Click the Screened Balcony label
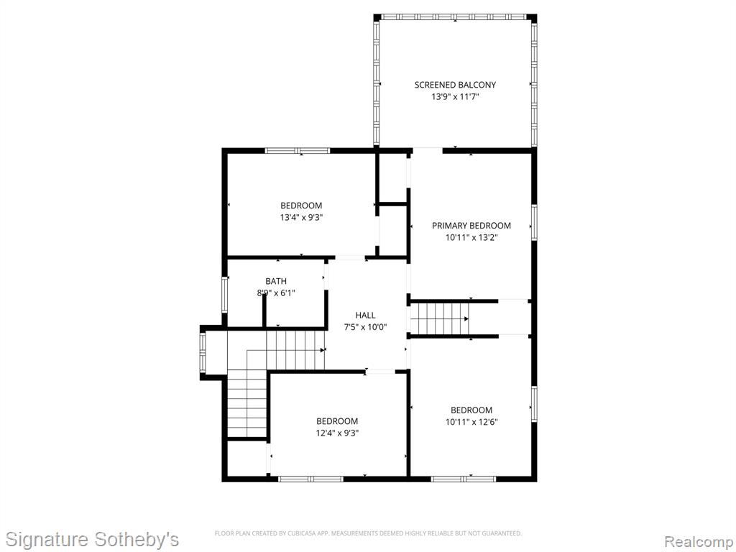[x=455, y=85]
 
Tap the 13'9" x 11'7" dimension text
[x=455, y=97]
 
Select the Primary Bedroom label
[x=471, y=226]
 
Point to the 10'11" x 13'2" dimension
[x=471, y=238]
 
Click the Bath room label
[x=276, y=281]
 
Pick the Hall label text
[x=365, y=316]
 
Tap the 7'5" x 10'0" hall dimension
[x=365, y=328]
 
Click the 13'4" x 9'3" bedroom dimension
[x=301, y=218]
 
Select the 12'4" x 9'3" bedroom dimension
[x=337, y=433]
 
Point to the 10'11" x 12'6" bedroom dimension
[x=471, y=422]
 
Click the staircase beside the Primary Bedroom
[x=440, y=318]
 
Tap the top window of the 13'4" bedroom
[x=298, y=151]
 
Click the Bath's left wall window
[x=225, y=295]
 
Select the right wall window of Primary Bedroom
[x=534, y=223]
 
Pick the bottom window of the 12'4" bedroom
[x=311, y=479]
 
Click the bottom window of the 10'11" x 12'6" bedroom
[x=464, y=479]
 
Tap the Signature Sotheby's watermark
[x=93, y=539]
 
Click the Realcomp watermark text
[x=698, y=541]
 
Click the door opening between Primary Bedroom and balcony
[x=427, y=151]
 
